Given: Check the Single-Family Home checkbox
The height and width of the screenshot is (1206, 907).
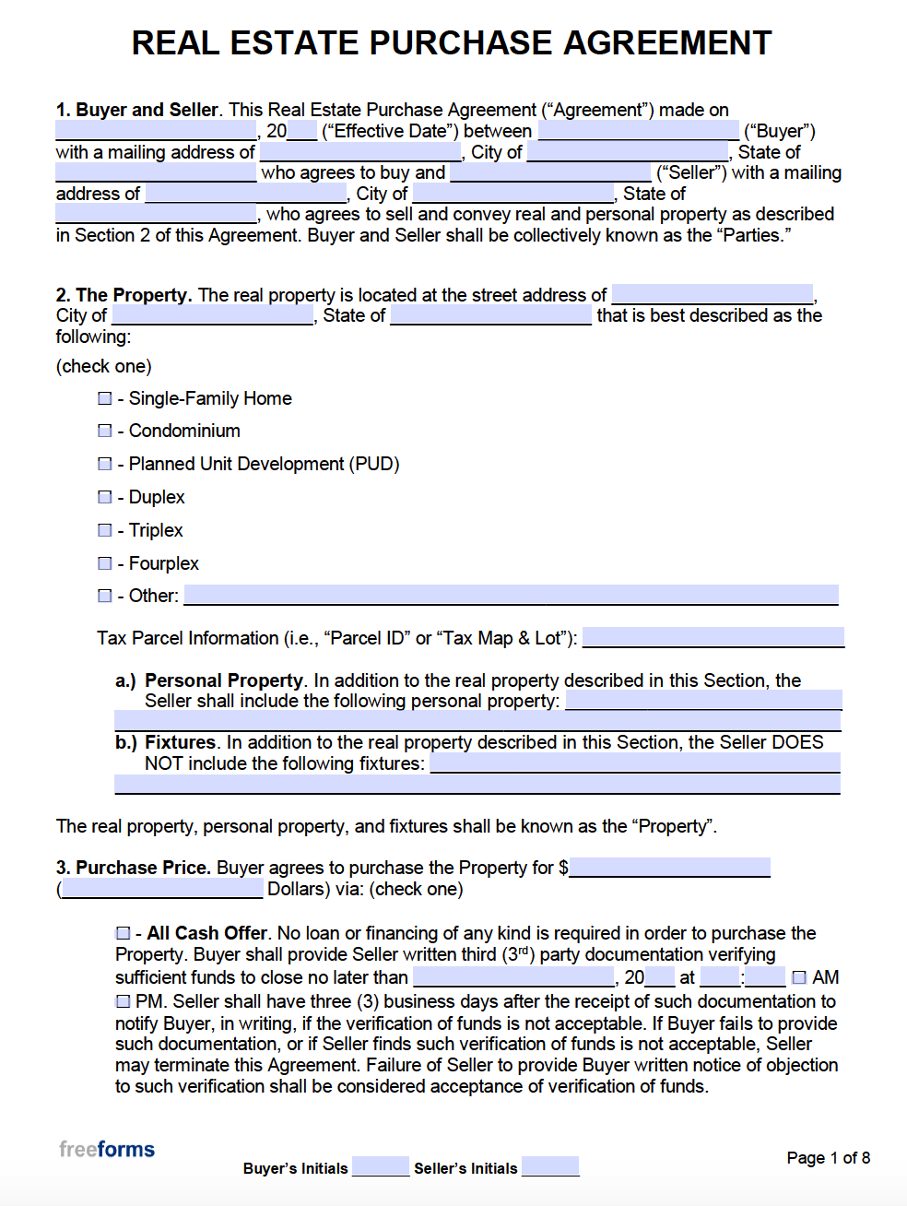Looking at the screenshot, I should click(x=105, y=398).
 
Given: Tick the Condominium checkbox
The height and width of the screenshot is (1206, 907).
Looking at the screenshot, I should click(x=105, y=431).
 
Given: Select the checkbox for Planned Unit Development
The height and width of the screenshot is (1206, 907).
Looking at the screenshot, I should click(x=105, y=464).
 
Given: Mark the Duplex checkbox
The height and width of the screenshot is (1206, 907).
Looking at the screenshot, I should click(x=105, y=497).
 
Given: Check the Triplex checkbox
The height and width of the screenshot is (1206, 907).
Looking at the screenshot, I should click(x=105, y=530).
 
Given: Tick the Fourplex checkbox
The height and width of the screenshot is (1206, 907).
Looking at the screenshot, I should click(x=105, y=563).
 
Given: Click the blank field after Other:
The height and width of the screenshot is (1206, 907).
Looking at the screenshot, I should click(x=511, y=595).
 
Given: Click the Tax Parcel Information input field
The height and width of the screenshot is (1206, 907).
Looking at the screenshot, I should click(x=713, y=637).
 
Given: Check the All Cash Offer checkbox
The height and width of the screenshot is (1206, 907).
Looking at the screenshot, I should click(x=124, y=933).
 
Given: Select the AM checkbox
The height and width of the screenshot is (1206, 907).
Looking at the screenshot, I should click(x=799, y=977).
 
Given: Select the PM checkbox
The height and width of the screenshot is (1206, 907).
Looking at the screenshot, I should click(x=124, y=1001).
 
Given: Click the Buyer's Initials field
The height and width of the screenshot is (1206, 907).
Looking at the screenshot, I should click(x=380, y=1167).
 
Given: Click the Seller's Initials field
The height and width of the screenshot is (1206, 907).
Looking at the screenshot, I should click(x=550, y=1167).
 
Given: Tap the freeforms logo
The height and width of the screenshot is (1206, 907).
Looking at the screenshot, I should click(x=107, y=1149).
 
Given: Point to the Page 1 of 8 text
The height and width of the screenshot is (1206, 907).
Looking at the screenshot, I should click(x=828, y=1158).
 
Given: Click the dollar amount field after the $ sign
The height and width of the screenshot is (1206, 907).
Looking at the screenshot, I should click(x=669, y=867).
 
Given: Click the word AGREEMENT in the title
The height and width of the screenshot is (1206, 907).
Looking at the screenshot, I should click(x=667, y=43).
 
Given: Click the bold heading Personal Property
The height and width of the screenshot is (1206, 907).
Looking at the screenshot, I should click(x=224, y=680).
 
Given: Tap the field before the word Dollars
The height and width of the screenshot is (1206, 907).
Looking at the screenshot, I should click(x=162, y=889).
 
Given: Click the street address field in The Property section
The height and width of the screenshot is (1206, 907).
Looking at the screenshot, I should click(x=712, y=294).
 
